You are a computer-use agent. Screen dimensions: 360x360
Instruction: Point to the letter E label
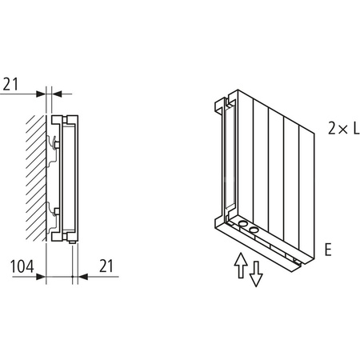[x=328, y=250]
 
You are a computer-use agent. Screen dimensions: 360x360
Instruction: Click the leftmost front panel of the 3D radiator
[x=248, y=160]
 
